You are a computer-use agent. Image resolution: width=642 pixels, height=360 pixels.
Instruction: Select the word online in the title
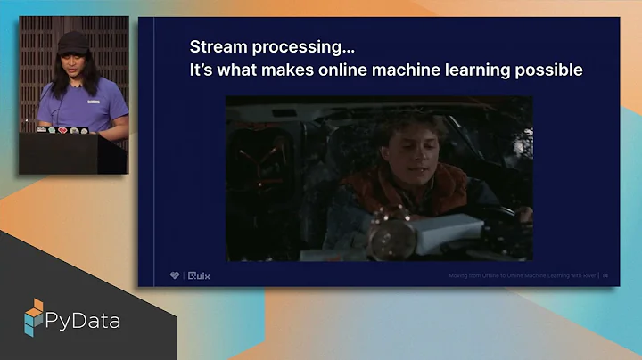(x=335, y=70)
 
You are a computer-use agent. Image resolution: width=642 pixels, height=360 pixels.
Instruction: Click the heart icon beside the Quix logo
(x=175, y=276)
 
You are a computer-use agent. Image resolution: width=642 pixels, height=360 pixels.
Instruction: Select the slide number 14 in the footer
(x=606, y=277)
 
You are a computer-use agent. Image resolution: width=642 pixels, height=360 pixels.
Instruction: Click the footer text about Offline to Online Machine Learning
(x=522, y=277)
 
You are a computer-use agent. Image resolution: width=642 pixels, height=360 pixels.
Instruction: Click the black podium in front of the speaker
(x=71, y=153)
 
